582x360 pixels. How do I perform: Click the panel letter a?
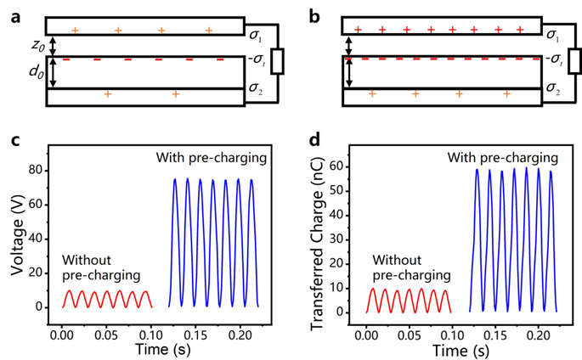[14, 16]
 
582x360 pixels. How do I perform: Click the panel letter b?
[316, 16]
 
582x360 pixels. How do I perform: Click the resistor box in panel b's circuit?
[576, 61]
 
